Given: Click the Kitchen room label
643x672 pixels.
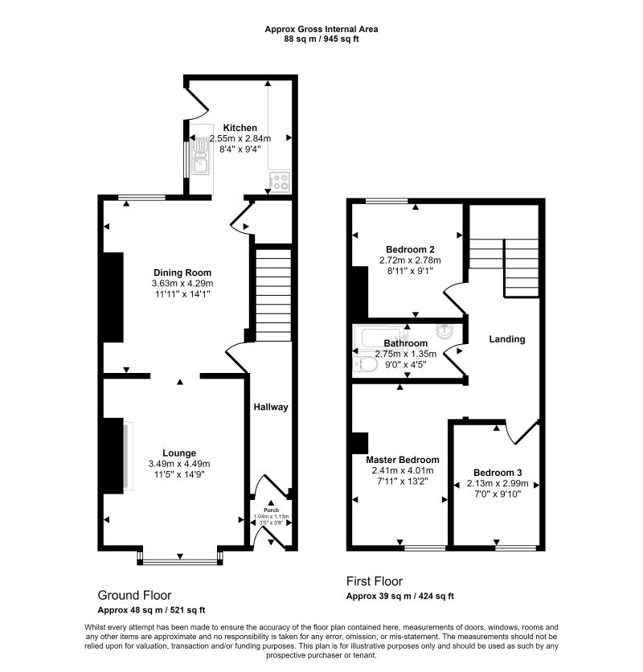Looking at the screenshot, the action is tap(240, 128).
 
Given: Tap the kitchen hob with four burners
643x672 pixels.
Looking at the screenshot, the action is tap(280, 182).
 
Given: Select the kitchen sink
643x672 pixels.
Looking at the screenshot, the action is tap(201, 156).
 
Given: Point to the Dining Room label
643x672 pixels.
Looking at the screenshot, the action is tap(182, 272).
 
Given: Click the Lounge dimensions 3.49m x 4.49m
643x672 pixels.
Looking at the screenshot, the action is tap(179, 464).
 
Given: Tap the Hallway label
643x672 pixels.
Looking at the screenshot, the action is tap(271, 407).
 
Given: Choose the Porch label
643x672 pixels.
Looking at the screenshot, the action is tap(271, 510).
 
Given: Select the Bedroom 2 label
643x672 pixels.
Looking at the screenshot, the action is tap(410, 249).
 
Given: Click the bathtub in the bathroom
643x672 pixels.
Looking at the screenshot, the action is tap(381, 338).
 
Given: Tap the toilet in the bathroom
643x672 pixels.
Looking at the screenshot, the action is tap(365, 365).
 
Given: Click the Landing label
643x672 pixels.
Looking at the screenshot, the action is tap(507, 339).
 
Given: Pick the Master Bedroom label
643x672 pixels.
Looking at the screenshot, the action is tap(403, 460).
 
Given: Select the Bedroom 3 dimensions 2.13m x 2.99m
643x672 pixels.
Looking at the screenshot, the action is tap(498, 484).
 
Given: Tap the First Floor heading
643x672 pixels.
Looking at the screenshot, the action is tap(375, 581).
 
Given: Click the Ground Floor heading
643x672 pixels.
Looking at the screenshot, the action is tap(134, 595).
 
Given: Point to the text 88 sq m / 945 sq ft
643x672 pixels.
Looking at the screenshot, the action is tap(321, 39).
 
